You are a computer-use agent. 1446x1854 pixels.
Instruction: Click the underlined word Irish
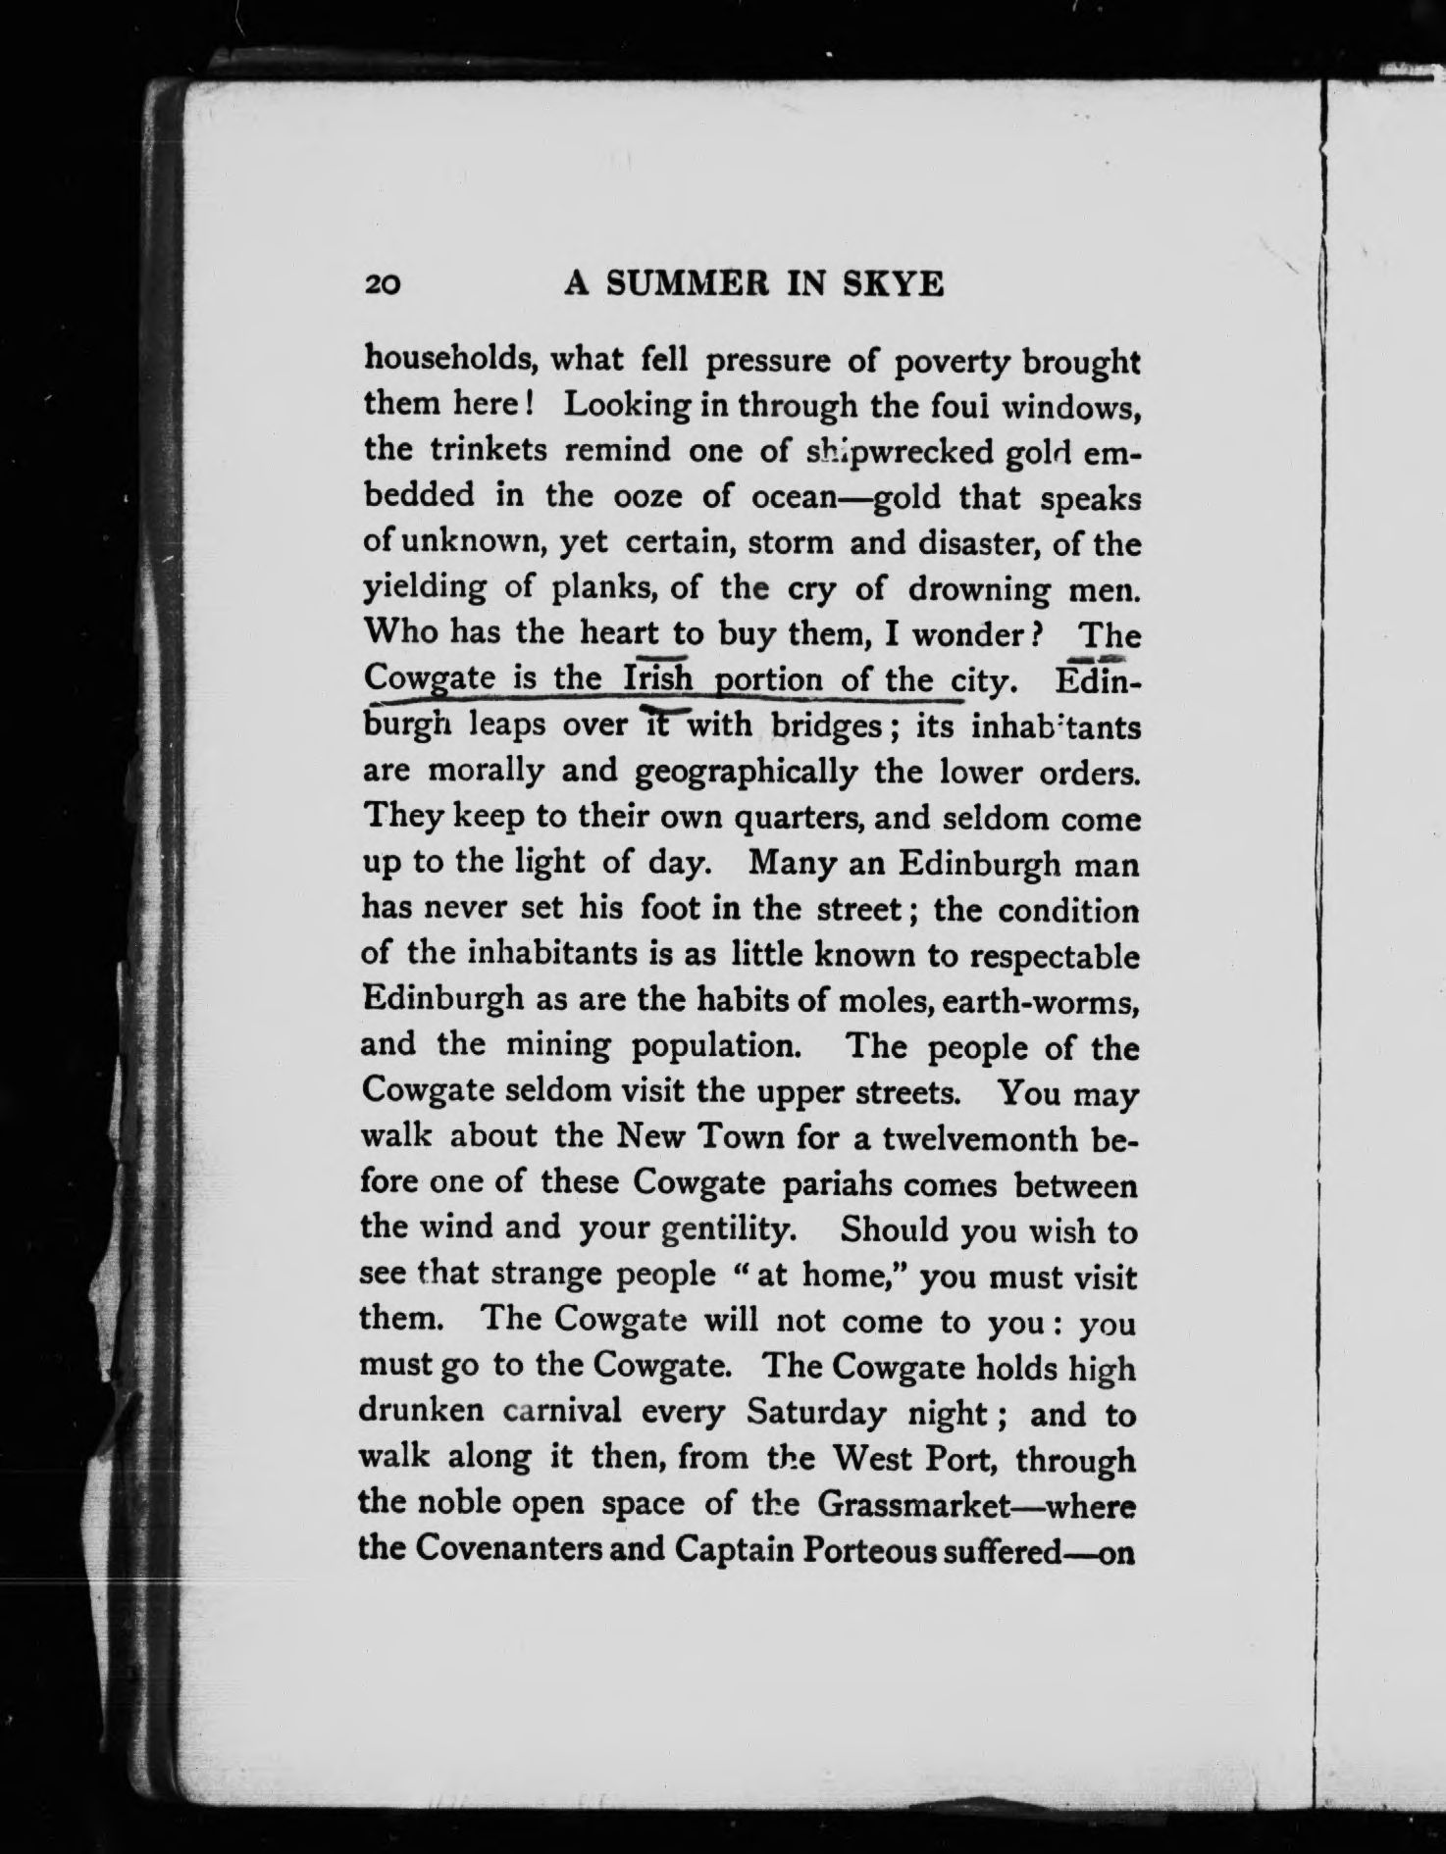click(x=658, y=678)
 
